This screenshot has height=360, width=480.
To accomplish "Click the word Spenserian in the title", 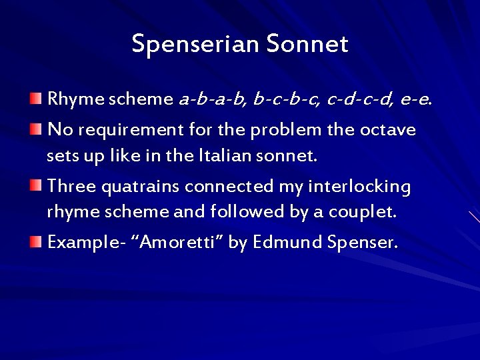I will (195, 44).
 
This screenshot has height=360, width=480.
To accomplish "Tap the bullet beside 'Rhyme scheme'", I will (35, 100).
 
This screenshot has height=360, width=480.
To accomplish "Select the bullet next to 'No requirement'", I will (35, 128).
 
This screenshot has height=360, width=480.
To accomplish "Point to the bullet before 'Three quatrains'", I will (35, 185).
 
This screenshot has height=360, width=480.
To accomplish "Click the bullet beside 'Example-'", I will (35, 241).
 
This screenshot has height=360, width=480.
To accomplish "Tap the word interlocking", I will (359, 186).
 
